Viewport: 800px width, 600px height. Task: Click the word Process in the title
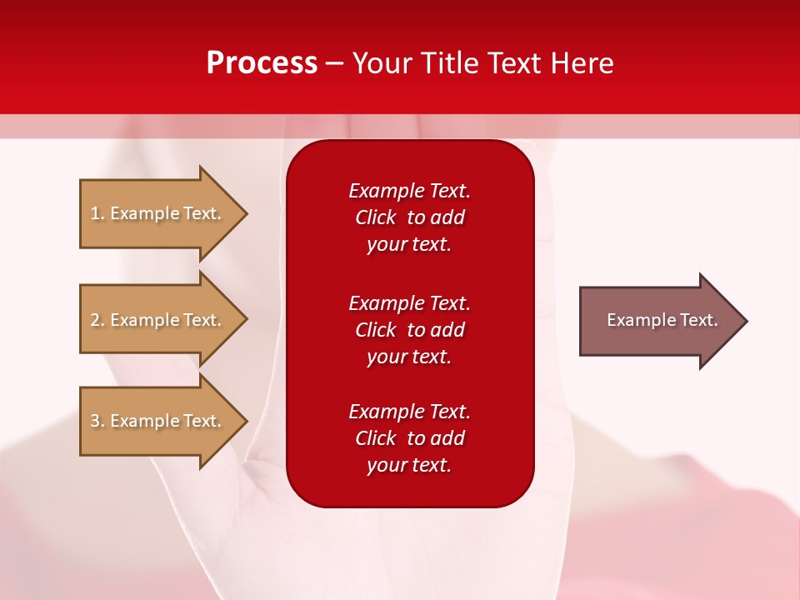tap(262, 63)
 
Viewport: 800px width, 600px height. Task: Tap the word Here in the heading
tap(582, 63)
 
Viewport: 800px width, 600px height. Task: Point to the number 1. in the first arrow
tap(97, 213)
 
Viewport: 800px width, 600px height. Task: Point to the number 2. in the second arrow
tap(97, 320)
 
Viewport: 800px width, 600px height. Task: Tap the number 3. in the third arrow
tap(97, 421)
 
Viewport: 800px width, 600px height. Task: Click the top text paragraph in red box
tap(409, 217)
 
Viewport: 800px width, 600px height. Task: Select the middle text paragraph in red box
tap(409, 330)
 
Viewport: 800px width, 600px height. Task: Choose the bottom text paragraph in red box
tap(409, 438)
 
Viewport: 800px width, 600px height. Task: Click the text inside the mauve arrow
tap(662, 320)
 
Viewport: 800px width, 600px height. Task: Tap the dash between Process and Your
tap(335, 64)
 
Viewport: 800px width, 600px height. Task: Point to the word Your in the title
tap(382, 63)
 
